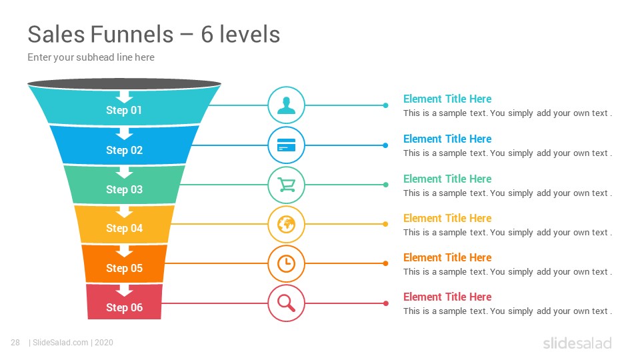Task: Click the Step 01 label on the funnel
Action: (124, 110)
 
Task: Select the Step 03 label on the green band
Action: (124, 189)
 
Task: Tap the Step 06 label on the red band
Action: (124, 307)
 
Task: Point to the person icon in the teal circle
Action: (286, 105)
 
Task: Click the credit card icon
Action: (286, 145)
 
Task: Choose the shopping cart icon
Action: (286, 185)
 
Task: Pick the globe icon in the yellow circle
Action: (286, 224)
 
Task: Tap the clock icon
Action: (286, 264)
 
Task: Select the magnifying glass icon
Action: (286, 303)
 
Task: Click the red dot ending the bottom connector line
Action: (385, 303)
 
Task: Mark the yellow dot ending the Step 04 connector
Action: (385, 224)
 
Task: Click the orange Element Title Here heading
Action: (447, 257)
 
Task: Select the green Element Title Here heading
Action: (447, 179)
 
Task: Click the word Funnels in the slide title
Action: (132, 34)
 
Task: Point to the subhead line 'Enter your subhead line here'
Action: (91, 57)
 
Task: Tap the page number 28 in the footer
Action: (15, 343)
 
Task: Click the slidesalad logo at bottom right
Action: (577, 343)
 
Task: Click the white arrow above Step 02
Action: (124, 133)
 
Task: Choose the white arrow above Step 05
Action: (124, 251)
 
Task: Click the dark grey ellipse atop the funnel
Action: (124, 84)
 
